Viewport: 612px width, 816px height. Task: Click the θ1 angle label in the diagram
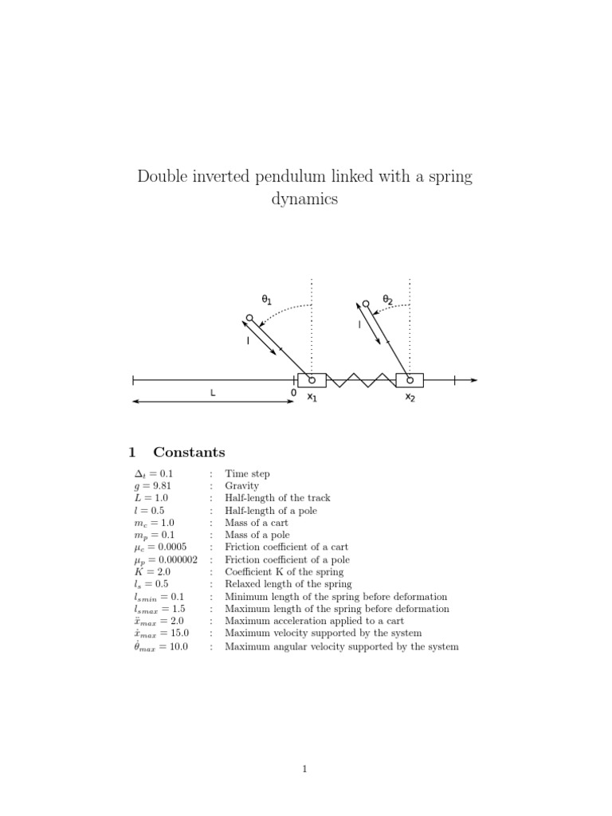click(267, 300)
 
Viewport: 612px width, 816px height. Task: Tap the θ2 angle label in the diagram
click(388, 300)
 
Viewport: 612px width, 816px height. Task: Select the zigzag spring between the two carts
click(361, 380)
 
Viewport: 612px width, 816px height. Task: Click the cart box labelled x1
click(312, 380)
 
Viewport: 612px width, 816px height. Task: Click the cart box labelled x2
click(410, 380)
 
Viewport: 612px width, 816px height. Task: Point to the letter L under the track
click(213, 393)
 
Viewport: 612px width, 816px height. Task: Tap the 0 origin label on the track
click(293, 393)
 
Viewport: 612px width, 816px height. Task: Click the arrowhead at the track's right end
click(474, 380)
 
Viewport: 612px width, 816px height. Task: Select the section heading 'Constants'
click(189, 453)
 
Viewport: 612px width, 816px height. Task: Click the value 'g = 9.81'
click(153, 486)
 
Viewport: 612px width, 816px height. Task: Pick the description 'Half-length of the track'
click(277, 498)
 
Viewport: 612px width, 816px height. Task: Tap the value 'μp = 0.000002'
click(166, 559)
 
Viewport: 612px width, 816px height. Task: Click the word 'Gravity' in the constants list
click(241, 486)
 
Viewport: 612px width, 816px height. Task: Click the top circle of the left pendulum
click(249, 318)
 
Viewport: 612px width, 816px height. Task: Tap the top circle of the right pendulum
click(366, 304)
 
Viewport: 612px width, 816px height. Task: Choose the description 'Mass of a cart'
click(257, 523)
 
